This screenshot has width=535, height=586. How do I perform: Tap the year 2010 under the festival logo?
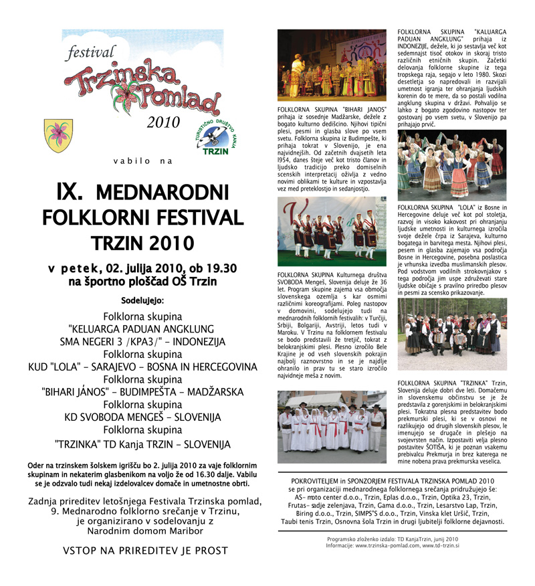click(x=163, y=122)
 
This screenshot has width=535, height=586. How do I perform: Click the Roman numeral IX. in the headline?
click(x=70, y=193)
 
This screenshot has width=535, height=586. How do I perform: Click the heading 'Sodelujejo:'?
click(x=142, y=300)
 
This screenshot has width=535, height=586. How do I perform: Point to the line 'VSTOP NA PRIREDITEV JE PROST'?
click(x=144, y=551)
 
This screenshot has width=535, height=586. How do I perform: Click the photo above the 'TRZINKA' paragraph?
click(x=451, y=336)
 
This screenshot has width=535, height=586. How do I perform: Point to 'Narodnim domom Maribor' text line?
click(x=144, y=531)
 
